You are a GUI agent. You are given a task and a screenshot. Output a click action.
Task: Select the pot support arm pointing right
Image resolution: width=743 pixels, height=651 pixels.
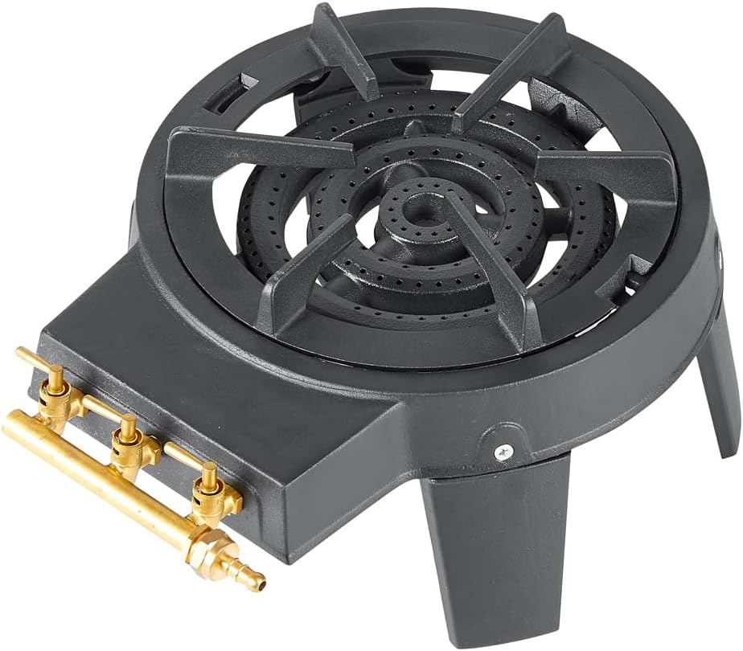(611, 173)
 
